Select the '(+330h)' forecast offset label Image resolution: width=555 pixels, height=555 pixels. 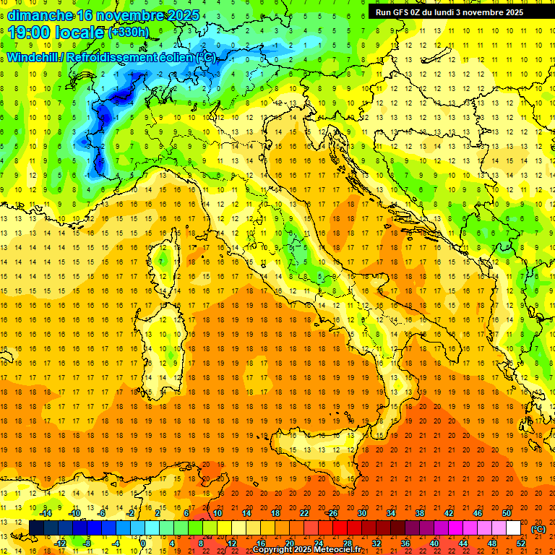[129, 33]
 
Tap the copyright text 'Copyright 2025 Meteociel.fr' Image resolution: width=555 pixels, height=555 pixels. [306, 550]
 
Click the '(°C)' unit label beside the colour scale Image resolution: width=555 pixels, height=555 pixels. [538, 529]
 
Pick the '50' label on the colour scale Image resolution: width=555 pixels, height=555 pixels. [507, 513]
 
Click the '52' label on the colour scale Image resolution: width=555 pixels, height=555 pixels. [520, 543]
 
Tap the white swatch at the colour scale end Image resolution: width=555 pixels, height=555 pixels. [513, 528]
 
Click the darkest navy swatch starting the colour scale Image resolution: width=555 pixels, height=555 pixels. [36, 528]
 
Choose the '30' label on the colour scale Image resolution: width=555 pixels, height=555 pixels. [362, 513]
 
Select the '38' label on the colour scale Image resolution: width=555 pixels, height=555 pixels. [420, 513]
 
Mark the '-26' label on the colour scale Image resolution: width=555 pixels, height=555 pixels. [332, 513]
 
